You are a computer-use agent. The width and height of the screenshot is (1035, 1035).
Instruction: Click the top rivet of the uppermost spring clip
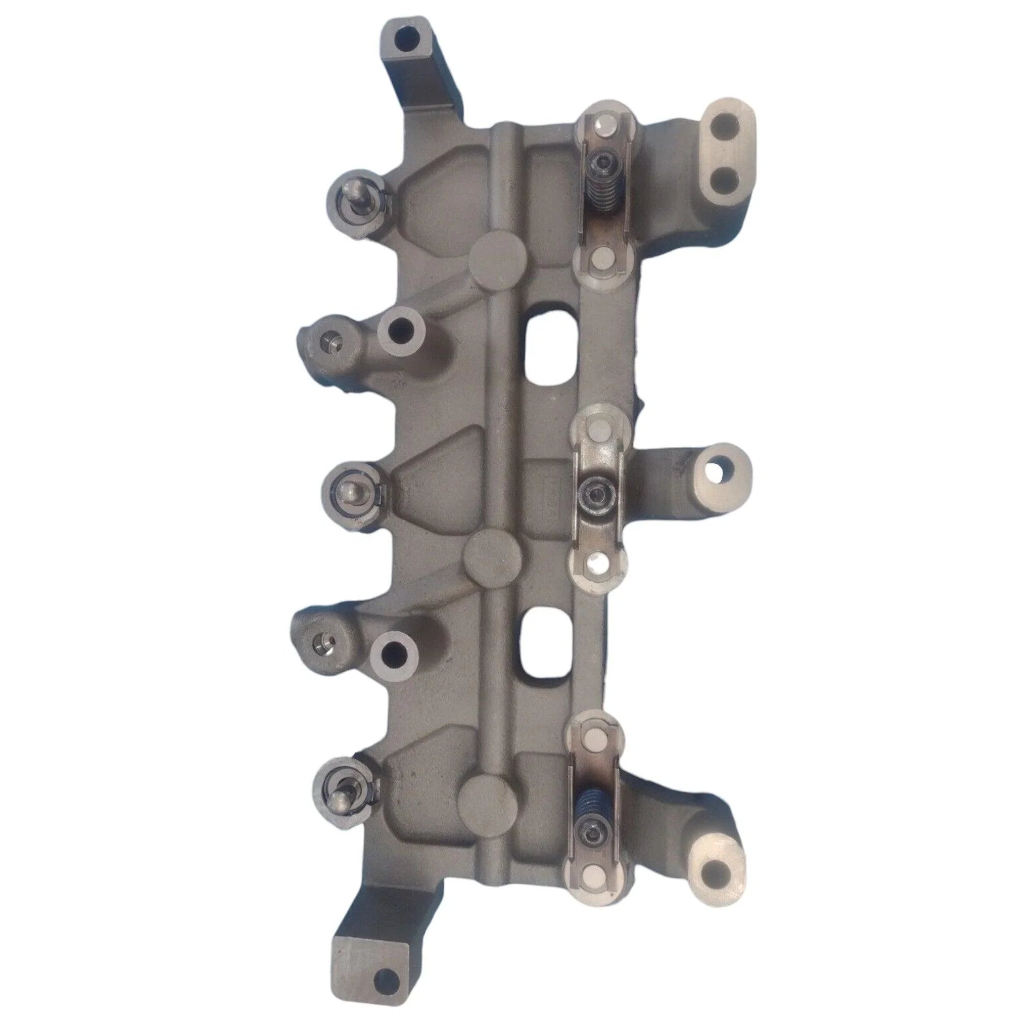click(604, 126)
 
